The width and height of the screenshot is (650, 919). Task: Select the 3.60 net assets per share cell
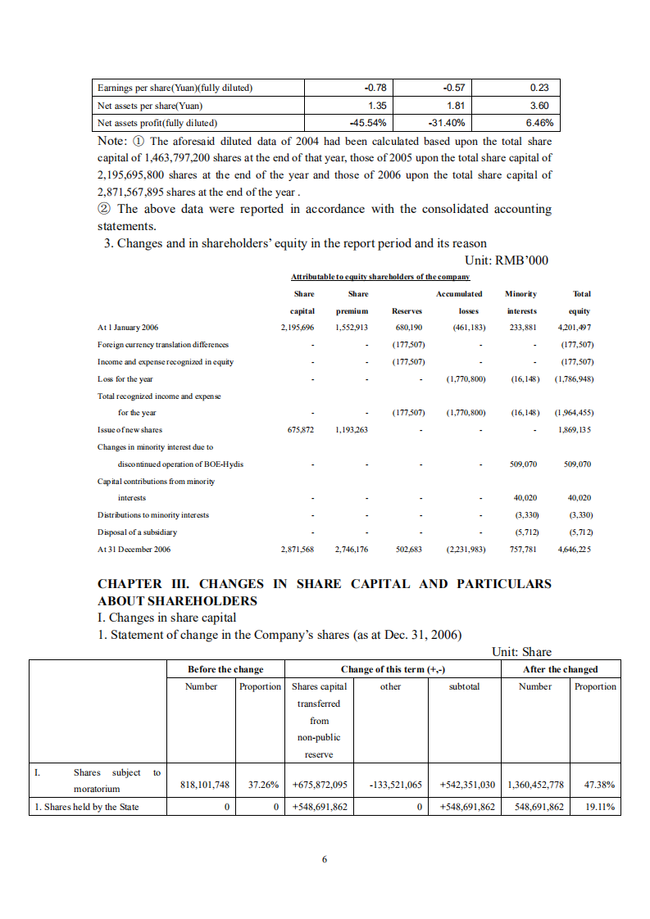539,106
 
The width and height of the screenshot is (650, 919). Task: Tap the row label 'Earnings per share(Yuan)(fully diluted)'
175,88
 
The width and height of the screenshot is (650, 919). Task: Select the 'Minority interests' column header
520,302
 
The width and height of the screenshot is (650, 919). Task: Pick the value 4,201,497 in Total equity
575,328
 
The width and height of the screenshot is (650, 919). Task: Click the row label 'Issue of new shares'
130,429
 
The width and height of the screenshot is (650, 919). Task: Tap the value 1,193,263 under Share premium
352,429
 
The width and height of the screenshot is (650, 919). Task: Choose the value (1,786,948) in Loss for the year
574,379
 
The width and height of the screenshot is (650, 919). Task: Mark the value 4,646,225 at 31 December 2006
575,550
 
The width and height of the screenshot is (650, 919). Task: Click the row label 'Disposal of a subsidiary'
137,532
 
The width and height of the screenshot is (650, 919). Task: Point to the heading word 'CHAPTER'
130,584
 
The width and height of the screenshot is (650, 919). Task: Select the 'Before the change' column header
225,669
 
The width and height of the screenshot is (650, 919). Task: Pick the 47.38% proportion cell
599,784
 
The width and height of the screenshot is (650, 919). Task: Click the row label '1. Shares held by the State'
86,807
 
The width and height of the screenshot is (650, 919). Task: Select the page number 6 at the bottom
325,859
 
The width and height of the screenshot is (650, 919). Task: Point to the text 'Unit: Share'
521,652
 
